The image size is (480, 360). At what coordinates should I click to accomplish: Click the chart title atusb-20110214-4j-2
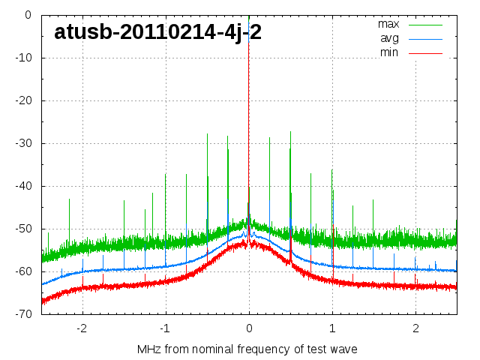coord(157,32)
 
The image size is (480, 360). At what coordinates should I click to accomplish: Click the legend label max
coord(388,24)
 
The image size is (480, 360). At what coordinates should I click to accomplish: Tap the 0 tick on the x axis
coord(249,328)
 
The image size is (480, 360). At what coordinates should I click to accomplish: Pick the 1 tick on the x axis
coord(332,328)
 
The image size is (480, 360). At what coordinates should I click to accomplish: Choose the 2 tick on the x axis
coord(415,328)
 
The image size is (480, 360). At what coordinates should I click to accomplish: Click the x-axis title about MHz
coord(247,349)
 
